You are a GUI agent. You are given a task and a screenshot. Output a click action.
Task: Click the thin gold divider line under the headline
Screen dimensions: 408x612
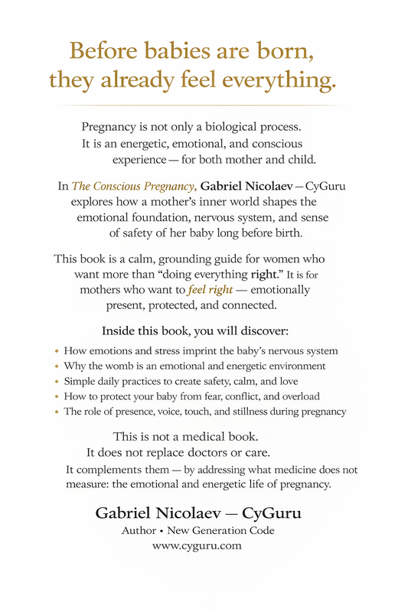[x=204, y=106]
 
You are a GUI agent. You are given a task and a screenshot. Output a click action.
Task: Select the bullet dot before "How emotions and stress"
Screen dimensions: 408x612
[x=57, y=352]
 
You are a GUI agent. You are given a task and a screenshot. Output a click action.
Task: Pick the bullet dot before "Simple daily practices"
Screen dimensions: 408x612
[x=57, y=382]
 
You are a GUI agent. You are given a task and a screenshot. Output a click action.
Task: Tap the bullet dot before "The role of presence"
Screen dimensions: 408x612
[x=57, y=412]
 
